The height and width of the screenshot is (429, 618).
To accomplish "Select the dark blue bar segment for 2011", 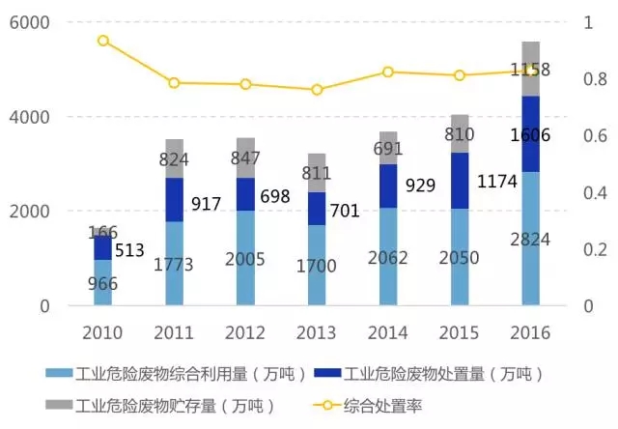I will [175, 199].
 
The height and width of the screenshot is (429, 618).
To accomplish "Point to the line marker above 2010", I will [103, 41].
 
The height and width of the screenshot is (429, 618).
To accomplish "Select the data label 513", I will [128, 251].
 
